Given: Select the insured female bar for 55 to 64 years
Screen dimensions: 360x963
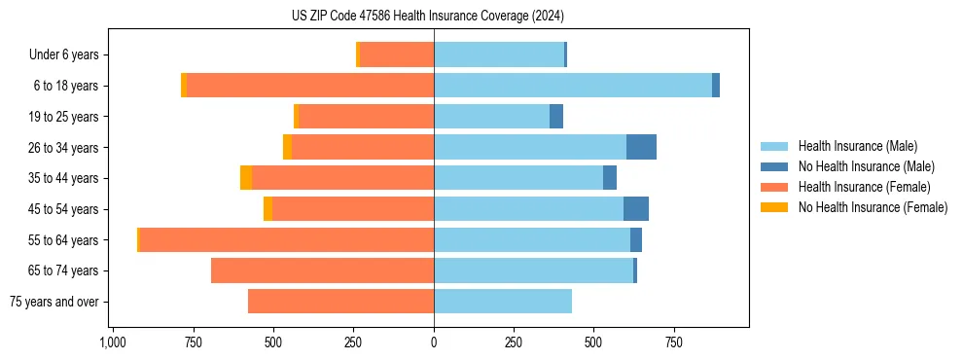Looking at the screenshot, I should pyautogui.click(x=286, y=239).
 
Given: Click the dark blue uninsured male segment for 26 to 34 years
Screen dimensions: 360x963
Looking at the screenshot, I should pyautogui.click(x=641, y=147).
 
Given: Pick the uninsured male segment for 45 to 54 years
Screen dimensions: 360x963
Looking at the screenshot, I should pyautogui.click(x=636, y=208).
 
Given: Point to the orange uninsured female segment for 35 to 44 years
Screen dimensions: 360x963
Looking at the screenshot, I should pyautogui.click(x=246, y=178).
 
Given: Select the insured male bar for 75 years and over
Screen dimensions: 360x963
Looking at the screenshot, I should pyautogui.click(x=503, y=302).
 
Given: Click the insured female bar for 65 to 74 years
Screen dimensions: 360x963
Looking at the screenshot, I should pyautogui.click(x=322, y=270).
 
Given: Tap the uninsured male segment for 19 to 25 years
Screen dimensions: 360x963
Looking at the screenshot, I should pyautogui.click(x=556, y=117).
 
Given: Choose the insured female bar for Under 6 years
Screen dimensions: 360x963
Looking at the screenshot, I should pyautogui.click(x=397, y=54).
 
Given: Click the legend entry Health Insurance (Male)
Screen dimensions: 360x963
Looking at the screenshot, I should pyautogui.click(x=857, y=146).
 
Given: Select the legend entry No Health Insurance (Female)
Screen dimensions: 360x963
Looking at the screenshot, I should pyautogui.click(x=873, y=207).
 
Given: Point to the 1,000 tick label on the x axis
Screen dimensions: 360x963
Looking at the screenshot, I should pyautogui.click(x=113, y=342).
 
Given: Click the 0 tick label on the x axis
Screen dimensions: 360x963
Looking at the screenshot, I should pyautogui.click(x=434, y=342).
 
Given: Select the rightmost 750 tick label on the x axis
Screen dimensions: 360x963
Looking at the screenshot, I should pyautogui.click(x=673, y=342).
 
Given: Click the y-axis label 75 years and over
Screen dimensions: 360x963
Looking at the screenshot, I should pyautogui.click(x=53, y=302).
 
